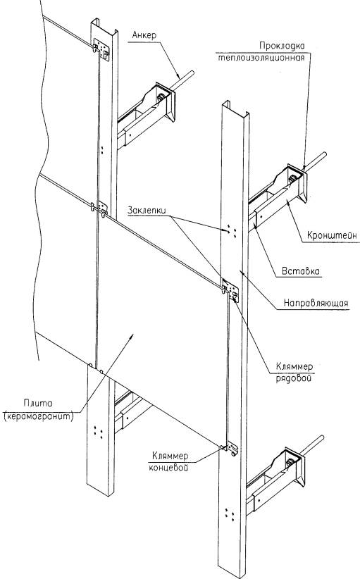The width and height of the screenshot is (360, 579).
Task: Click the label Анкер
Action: click(144, 35)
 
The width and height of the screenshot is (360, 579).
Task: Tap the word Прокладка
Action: click(282, 46)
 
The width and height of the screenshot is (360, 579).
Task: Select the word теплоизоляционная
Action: click(261, 58)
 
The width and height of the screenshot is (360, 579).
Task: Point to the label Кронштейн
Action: click(333, 235)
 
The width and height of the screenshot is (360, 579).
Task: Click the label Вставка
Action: click(301, 271)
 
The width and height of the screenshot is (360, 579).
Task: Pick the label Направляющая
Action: click(316, 303)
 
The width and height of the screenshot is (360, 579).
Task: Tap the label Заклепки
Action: click(147, 209)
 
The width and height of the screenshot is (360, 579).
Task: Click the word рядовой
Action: click(294, 379)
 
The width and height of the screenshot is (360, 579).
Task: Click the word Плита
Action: click(38, 403)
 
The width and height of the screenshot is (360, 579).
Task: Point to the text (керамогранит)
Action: click(38, 416)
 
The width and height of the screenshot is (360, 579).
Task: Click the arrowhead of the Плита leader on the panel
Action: click(132, 335)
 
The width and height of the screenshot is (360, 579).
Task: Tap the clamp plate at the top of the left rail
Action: click(101, 49)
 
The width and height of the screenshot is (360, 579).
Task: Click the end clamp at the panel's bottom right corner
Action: click(230, 448)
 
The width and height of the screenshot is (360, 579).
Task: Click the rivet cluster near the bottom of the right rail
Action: click(229, 514)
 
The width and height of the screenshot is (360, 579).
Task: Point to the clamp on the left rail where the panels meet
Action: click(100, 208)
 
